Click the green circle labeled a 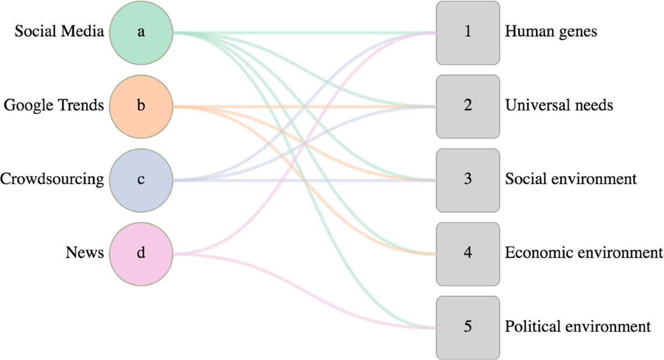point(141,32)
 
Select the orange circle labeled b point(141,106)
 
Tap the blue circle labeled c point(141,180)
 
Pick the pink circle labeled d point(141,253)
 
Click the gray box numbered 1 point(468,32)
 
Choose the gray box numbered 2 point(468,106)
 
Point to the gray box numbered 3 point(468,180)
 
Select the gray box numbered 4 point(468,253)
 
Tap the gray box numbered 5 point(468,327)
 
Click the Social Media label point(59,32)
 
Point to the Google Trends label point(54,106)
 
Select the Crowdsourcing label point(52,180)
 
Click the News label point(85,253)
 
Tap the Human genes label point(551,32)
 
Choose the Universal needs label point(559,106)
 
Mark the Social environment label point(570,180)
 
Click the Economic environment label point(584,253)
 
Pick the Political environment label point(578,327)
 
